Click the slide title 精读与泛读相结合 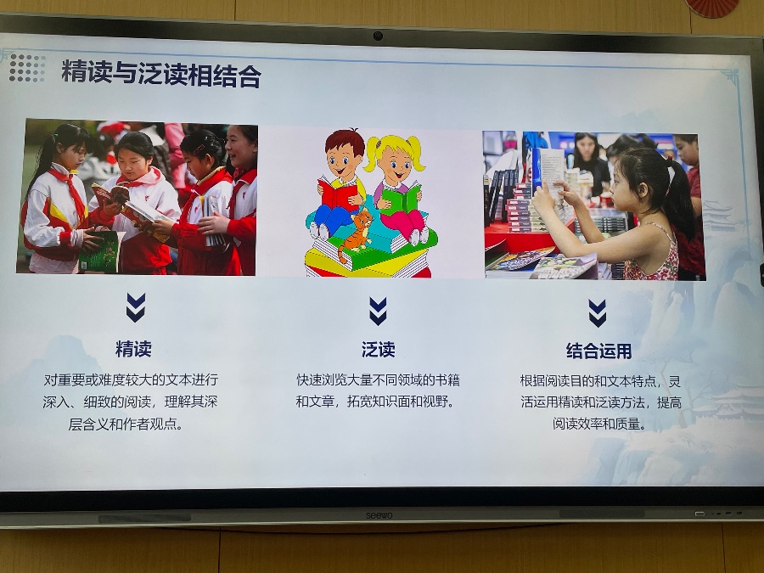point(161,74)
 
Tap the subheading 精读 point(133,349)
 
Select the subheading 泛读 point(378,350)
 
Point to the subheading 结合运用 point(598,351)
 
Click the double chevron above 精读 point(136,307)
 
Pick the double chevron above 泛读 point(378,311)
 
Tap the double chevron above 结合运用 point(598,313)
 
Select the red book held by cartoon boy point(338,194)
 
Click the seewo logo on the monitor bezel point(379,515)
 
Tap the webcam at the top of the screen point(378,36)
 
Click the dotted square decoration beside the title point(27,68)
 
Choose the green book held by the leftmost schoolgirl point(101,251)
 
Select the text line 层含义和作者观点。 point(126,424)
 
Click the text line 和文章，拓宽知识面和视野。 point(375,402)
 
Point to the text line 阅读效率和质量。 point(599,424)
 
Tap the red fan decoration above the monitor point(712,8)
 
